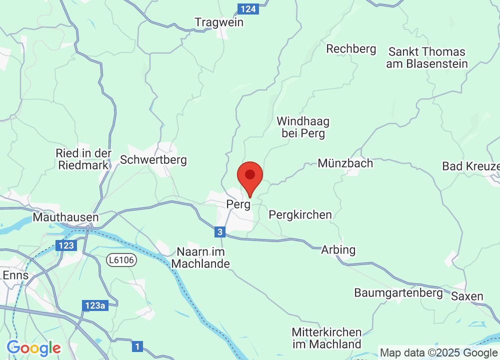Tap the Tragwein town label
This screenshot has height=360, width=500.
(x=219, y=22)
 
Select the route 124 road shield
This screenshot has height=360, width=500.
(x=248, y=9)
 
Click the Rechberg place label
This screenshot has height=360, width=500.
(x=351, y=48)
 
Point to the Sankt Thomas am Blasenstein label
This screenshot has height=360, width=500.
(x=427, y=57)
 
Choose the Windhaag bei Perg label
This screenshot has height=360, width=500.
(x=303, y=127)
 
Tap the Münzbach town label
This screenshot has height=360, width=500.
(x=345, y=163)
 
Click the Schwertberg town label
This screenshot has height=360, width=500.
(x=153, y=160)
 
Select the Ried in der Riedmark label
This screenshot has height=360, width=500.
(x=84, y=159)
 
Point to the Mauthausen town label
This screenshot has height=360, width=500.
(x=65, y=217)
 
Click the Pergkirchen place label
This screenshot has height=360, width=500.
(x=300, y=214)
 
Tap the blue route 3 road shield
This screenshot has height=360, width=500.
(x=220, y=232)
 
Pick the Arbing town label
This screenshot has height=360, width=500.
(x=338, y=249)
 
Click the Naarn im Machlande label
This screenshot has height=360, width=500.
(x=200, y=257)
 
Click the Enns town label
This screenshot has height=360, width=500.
(x=15, y=275)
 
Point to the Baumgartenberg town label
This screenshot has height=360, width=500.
(x=398, y=292)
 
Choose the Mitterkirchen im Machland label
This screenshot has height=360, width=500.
(x=326, y=338)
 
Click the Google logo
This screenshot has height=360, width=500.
(x=34, y=348)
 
